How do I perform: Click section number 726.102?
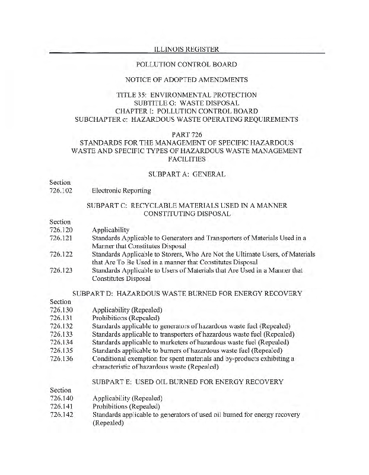point(61,191)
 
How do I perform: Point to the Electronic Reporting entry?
point(121,191)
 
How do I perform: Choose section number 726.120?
point(61,230)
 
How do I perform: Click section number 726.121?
point(61,237)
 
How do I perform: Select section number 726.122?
point(61,254)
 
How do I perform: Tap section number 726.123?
point(61,270)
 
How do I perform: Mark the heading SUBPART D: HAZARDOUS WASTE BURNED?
point(187,293)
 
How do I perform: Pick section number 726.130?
point(61,310)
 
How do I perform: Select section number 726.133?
point(61,334)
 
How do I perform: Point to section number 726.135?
point(61,350)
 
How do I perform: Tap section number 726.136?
point(61,358)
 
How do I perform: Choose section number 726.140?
point(61,398)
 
